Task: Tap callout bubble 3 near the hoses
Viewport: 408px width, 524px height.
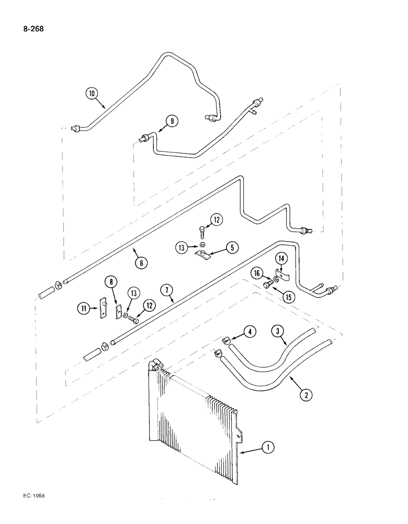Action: [278, 331]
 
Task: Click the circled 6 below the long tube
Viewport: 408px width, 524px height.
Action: [141, 263]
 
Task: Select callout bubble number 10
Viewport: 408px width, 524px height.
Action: [92, 95]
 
